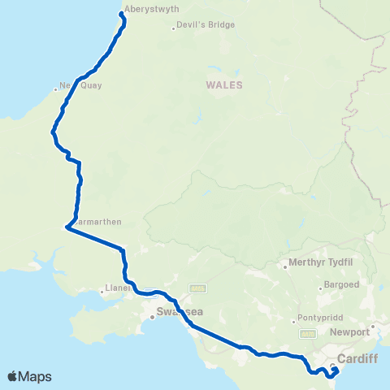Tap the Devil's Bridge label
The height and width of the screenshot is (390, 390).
pos(206,25)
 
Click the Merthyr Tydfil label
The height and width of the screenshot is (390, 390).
pos(320,263)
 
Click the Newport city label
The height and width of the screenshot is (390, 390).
pos(350,332)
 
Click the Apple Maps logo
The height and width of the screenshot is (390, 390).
pos(29,376)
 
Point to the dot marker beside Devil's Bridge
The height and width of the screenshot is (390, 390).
pos(174,26)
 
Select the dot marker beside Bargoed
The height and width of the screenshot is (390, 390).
pos(320,286)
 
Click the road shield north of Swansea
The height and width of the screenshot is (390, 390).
pos(195,288)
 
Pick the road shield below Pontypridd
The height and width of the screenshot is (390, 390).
pos(307,334)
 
